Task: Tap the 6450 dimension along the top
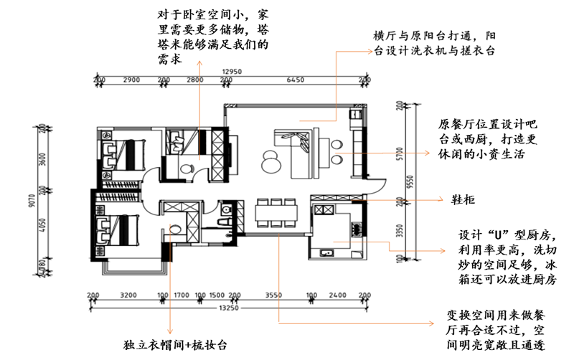pos(296,80)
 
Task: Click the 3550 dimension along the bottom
pos(273,295)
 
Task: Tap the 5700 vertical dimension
pos(399,155)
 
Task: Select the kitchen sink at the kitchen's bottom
pos(327,252)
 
